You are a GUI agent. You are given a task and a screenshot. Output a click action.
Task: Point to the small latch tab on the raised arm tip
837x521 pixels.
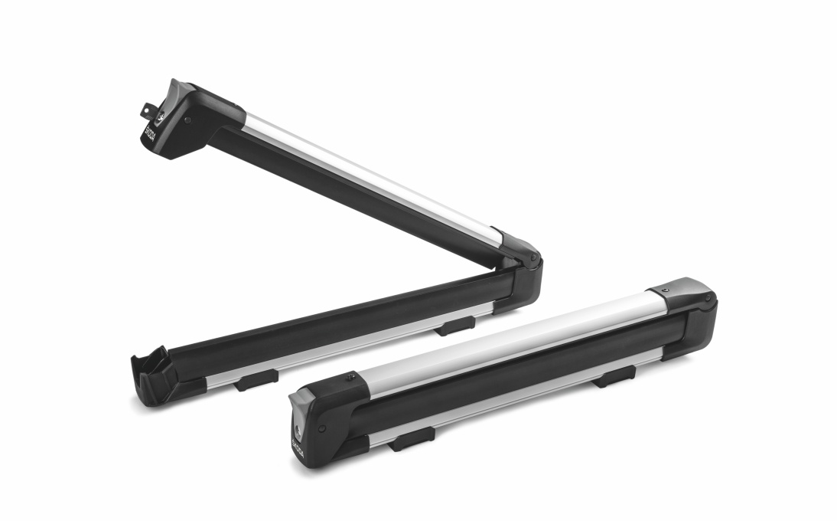(x=145, y=110)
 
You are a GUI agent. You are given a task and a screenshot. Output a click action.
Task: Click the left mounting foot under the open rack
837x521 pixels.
(x=256, y=379)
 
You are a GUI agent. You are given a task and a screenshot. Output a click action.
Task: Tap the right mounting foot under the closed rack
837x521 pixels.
(x=617, y=375)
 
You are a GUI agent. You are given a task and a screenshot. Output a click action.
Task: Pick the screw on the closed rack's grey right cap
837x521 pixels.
(x=665, y=291)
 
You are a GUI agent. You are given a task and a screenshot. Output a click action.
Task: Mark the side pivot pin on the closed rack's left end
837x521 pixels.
(x=321, y=428)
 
